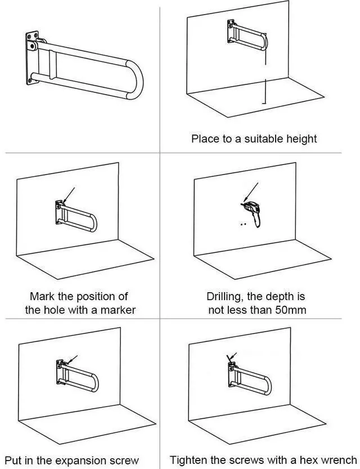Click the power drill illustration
click(252, 213)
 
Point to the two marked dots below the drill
click(244, 224)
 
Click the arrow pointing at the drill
click(251, 192)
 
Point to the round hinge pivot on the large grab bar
click(33, 46)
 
